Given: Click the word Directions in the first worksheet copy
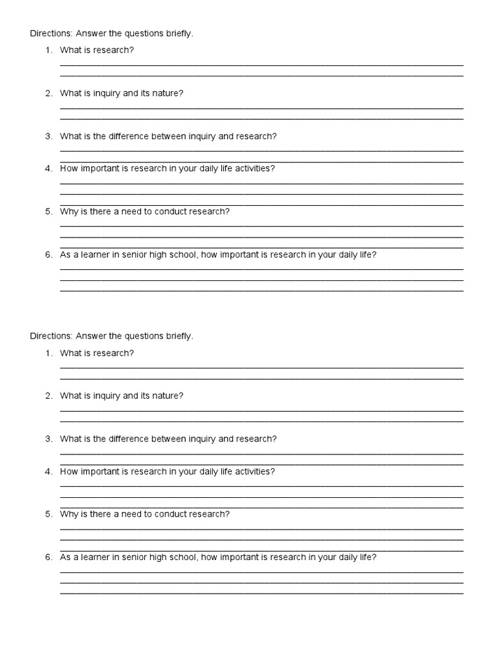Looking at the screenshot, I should tap(51, 34).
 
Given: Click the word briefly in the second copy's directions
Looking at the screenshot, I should tap(179, 336).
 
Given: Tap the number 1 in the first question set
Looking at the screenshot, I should tap(48, 50).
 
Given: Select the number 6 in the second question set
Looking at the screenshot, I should tap(48, 557).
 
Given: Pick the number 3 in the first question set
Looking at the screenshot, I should tap(48, 137).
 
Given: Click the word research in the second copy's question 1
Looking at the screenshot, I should tap(113, 353).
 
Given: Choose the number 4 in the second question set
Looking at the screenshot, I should tap(48, 471).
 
